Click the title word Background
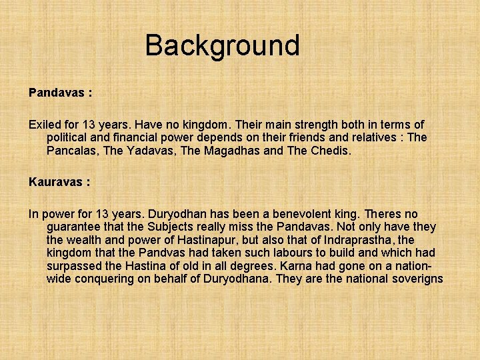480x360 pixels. (x=222, y=45)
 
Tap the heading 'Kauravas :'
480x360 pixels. (x=59, y=181)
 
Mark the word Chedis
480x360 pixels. (x=330, y=151)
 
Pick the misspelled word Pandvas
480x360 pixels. (x=161, y=253)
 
